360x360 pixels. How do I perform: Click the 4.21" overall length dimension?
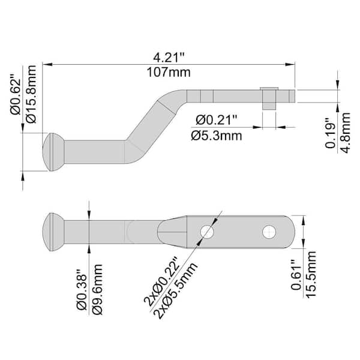click(170, 58)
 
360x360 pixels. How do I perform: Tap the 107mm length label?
click(170, 73)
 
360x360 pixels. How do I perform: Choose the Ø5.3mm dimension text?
click(217, 136)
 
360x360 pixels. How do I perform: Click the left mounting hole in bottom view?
click(207, 230)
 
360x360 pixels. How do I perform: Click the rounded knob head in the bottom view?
click(53, 231)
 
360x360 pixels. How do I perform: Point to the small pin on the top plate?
click(268, 97)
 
